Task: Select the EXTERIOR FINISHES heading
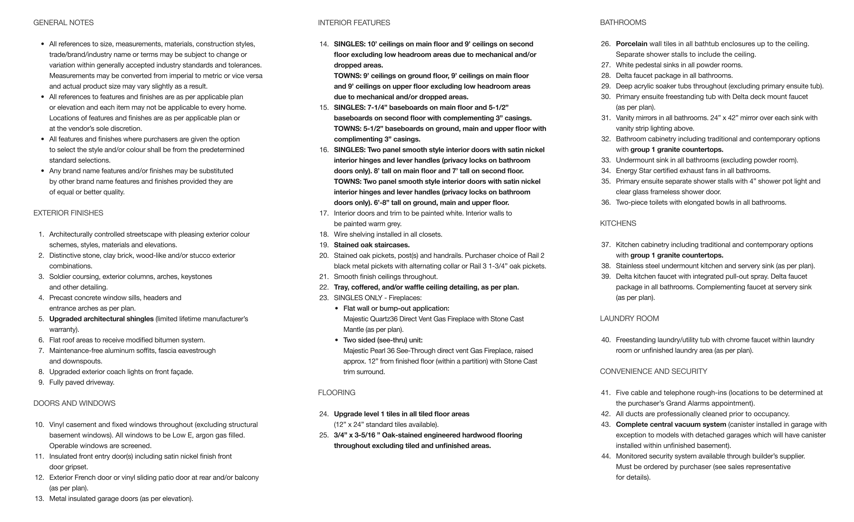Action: click(x=68, y=213)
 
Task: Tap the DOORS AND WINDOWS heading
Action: click(x=74, y=403)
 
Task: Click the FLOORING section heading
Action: click(x=337, y=393)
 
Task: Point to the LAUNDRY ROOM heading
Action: click(x=630, y=319)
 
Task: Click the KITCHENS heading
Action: click(x=618, y=224)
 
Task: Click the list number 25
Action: click(x=324, y=435)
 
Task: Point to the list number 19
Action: click(x=324, y=245)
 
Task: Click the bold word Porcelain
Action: click(x=631, y=44)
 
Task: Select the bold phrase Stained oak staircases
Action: click(x=372, y=245)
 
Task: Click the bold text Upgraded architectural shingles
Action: click(x=101, y=319)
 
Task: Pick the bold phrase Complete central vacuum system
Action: click(x=671, y=425)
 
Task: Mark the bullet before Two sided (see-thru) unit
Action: click(x=337, y=340)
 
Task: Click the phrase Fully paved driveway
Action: click(x=82, y=383)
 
